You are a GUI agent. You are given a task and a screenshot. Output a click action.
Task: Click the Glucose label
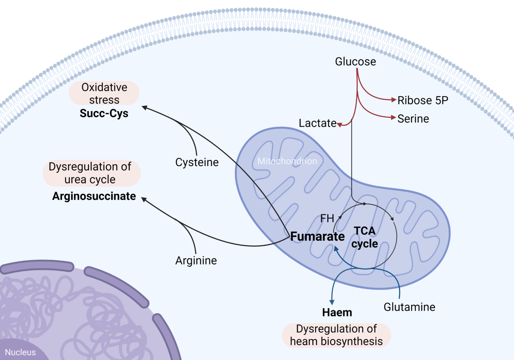(355, 61)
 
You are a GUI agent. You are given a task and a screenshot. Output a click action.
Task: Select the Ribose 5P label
(423, 100)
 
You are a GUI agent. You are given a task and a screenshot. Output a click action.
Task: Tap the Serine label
(413, 119)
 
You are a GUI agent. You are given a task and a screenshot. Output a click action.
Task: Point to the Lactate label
(317, 123)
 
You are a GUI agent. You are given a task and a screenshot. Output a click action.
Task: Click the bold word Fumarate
(318, 236)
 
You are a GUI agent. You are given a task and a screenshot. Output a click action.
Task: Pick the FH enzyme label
(327, 219)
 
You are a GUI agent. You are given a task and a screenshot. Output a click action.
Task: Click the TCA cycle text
(365, 237)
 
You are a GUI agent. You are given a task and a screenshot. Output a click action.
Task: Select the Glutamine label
(409, 307)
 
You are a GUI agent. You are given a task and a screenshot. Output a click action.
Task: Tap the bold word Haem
(337, 312)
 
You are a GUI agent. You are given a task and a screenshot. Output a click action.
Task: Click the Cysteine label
(197, 162)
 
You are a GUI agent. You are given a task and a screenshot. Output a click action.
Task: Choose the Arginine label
(196, 260)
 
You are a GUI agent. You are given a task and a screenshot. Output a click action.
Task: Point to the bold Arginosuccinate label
(94, 196)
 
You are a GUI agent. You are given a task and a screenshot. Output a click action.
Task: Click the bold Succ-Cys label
(104, 113)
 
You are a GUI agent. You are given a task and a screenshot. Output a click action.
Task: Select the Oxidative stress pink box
(104, 93)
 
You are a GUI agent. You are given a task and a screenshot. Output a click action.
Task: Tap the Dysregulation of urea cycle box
(91, 173)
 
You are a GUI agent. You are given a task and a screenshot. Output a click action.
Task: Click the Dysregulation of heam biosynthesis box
(336, 335)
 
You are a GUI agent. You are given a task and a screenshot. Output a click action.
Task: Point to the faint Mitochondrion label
(287, 161)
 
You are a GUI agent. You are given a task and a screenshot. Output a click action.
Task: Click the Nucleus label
(20, 352)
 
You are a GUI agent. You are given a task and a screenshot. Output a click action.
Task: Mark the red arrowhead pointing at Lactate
(340, 125)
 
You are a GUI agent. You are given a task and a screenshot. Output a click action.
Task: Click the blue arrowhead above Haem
(332, 302)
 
